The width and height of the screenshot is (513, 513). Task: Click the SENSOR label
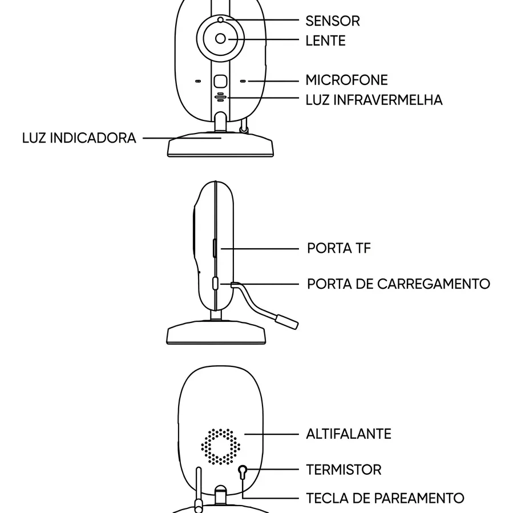(333, 21)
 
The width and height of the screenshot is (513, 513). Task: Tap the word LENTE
(325, 41)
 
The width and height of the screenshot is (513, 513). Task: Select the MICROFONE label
(347, 80)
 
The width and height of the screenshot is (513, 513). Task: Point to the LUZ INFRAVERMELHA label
(374, 100)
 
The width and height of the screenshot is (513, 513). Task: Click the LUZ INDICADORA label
(79, 138)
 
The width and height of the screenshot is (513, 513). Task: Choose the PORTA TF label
(339, 248)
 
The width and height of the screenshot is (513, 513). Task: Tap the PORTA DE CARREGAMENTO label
(398, 284)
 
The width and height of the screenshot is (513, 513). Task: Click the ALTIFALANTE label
(349, 434)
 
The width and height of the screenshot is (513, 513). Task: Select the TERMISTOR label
(344, 470)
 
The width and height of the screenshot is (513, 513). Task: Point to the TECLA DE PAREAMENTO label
(385, 498)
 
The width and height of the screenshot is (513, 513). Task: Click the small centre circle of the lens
(220, 39)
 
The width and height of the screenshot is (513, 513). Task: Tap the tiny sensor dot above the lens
(220, 21)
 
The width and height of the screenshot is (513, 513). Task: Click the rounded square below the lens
(220, 82)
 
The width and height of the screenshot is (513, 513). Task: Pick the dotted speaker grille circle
(220, 447)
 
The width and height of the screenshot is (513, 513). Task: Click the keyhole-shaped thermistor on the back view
(243, 472)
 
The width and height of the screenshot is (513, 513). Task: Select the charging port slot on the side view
(215, 284)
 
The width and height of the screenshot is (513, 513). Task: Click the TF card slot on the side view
(215, 248)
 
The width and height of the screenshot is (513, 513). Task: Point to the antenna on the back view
(198, 490)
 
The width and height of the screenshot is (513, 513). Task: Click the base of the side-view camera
(216, 333)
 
